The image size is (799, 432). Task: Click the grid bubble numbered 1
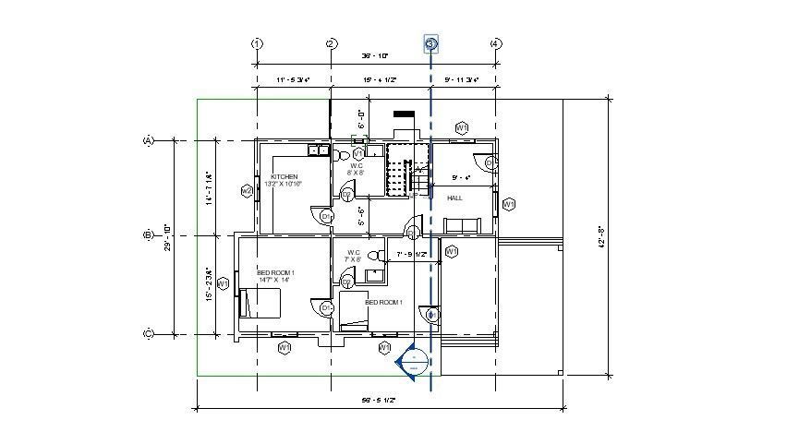(257, 43)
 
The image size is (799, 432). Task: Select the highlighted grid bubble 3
(430, 43)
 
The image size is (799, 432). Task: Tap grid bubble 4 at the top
(495, 43)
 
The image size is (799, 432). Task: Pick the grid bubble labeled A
(147, 140)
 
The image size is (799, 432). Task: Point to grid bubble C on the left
(147, 334)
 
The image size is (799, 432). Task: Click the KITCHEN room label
(284, 175)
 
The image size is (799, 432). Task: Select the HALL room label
(454, 198)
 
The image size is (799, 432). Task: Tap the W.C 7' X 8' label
(353, 256)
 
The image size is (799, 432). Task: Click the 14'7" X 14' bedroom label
(274, 280)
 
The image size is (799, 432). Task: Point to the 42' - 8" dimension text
(601, 238)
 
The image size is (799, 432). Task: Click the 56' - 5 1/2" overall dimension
(379, 401)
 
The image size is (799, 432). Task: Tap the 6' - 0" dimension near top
(362, 120)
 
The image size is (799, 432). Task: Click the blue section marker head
(414, 361)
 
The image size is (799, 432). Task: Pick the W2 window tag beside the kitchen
(247, 191)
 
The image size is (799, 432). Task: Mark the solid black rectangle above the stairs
(405, 115)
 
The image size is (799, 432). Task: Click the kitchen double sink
(318, 150)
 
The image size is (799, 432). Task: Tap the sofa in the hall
(462, 225)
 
